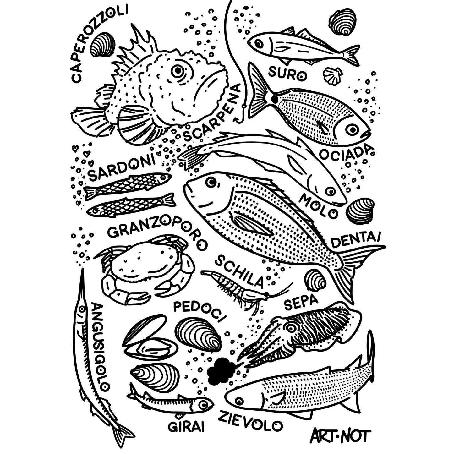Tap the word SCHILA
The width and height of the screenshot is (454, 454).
click(239, 271)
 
